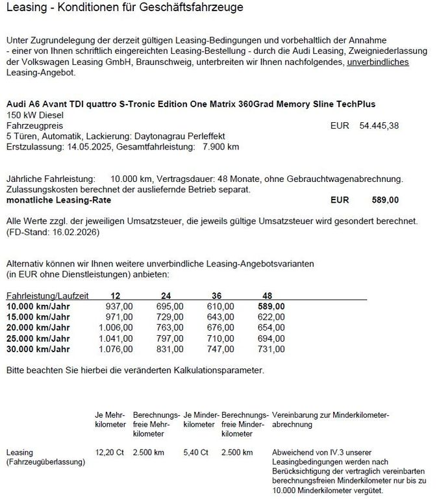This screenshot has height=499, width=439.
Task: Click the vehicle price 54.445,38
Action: pyautogui.click(x=381, y=125)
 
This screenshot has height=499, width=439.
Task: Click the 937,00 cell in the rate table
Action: pyautogui.click(x=119, y=306)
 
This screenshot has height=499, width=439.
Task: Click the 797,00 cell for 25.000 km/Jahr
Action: pyautogui.click(x=169, y=338)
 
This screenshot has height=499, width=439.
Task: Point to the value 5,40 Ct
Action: pyautogui.click(x=195, y=452)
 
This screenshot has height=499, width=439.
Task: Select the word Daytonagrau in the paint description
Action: pyautogui.click(x=160, y=136)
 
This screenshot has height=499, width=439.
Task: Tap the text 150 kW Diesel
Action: pyautogui.click(x=32, y=115)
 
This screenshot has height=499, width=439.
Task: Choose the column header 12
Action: pyautogui.click(x=116, y=296)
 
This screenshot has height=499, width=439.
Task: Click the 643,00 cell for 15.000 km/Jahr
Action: pyautogui.click(x=220, y=316)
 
